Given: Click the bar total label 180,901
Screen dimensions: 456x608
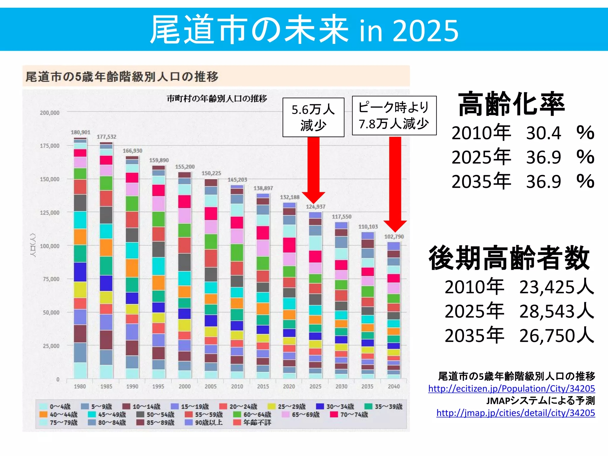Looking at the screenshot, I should coord(80,132).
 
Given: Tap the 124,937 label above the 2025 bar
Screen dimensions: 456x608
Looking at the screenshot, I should coord(316,207).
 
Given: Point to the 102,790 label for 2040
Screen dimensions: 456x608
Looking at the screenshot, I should coord(394,237).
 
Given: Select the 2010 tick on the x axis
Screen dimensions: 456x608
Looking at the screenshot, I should coord(237,386).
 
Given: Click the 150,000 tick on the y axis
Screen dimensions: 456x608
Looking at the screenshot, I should coord(50,179).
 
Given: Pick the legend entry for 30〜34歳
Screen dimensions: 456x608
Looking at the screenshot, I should coord(335,406).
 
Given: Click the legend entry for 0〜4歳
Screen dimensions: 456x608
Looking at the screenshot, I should coord(55,406).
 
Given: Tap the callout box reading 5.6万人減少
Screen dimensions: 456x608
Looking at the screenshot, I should coord(313,117).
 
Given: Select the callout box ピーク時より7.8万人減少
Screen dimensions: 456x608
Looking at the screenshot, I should coord(394,115).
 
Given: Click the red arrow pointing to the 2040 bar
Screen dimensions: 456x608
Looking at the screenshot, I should coord(395,184).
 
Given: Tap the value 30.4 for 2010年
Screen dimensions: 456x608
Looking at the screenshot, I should coord(543,133).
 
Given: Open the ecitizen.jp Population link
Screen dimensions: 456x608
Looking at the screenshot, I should coord(511,389).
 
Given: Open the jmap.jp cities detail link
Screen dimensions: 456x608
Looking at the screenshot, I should coord(515,413).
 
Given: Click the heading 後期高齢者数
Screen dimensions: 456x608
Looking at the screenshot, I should coord(509,258).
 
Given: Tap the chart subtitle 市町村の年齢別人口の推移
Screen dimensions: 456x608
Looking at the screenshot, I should coord(217,99).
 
